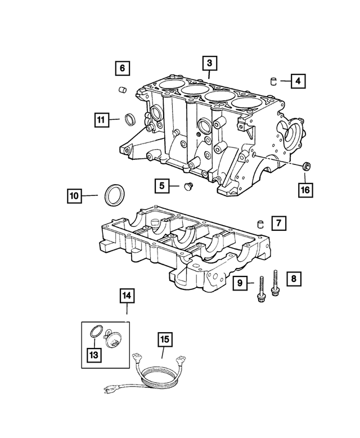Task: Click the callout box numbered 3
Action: pos(209,63)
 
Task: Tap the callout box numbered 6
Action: pos(122,69)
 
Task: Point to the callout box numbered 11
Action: pos(101,119)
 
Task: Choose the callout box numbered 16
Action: pos(305,190)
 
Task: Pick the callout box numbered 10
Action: pos(74,196)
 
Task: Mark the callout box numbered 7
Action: pos(277,224)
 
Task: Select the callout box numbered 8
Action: pos(293,278)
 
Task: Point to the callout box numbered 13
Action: pos(92,355)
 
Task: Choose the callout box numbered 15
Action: pos(164,339)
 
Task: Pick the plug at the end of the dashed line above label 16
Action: pos(307,166)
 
